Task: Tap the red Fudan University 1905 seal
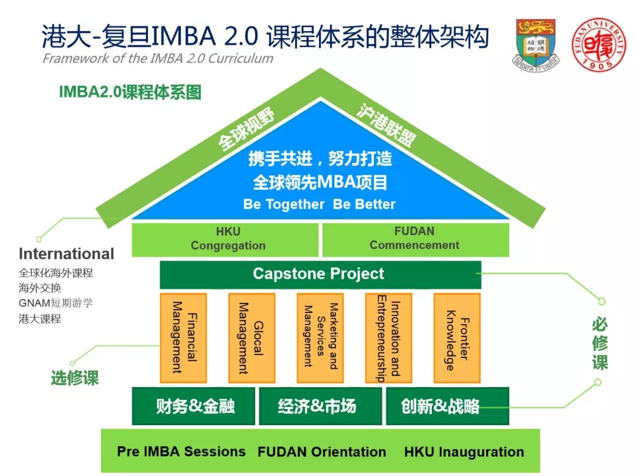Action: (598, 44)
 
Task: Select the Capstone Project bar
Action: (320, 274)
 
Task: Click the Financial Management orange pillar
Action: (184, 338)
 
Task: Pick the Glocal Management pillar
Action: (252, 338)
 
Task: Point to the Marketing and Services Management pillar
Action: (320, 338)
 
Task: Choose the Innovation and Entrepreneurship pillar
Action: (389, 338)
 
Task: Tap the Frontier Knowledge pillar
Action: (457, 338)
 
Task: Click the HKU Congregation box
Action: (225, 240)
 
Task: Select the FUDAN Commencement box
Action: (416, 240)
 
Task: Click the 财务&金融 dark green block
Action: (194, 406)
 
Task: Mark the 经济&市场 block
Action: (320, 406)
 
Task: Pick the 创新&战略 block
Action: (448, 406)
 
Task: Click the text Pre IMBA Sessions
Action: (181, 451)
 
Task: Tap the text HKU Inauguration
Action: (464, 452)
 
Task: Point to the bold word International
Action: (66, 254)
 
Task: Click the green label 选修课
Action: (75, 378)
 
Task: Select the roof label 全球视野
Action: (246, 129)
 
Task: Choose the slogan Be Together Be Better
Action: (319, 204)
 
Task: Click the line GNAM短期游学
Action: (56, 303)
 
